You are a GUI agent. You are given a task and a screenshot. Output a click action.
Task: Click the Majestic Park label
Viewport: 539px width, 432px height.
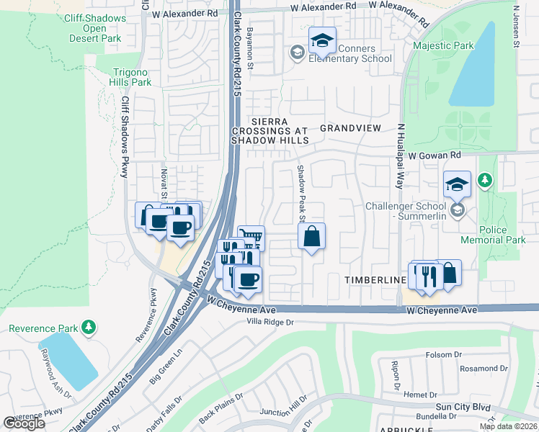click(444, 45)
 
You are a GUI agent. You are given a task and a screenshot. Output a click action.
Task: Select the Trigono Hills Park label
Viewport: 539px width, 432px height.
click(133, 77)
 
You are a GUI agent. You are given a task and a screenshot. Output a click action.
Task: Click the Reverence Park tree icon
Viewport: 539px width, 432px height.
click(89, 328)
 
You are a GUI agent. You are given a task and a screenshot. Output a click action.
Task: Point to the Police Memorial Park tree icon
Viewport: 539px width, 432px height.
click(486, 179)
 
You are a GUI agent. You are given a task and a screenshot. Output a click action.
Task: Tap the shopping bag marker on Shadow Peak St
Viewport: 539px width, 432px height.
click(311, 237)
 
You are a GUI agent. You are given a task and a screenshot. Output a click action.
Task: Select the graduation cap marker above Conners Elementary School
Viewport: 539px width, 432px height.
click(322, 40)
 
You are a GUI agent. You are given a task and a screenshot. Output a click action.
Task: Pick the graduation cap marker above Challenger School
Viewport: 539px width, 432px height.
click(457, 185)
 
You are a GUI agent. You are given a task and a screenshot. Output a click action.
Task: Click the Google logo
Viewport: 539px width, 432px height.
click(24, 423)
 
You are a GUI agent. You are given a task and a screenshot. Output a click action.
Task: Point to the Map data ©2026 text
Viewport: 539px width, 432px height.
click(508, 426)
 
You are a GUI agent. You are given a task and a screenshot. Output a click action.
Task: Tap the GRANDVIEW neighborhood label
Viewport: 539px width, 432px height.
click(350, 127)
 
